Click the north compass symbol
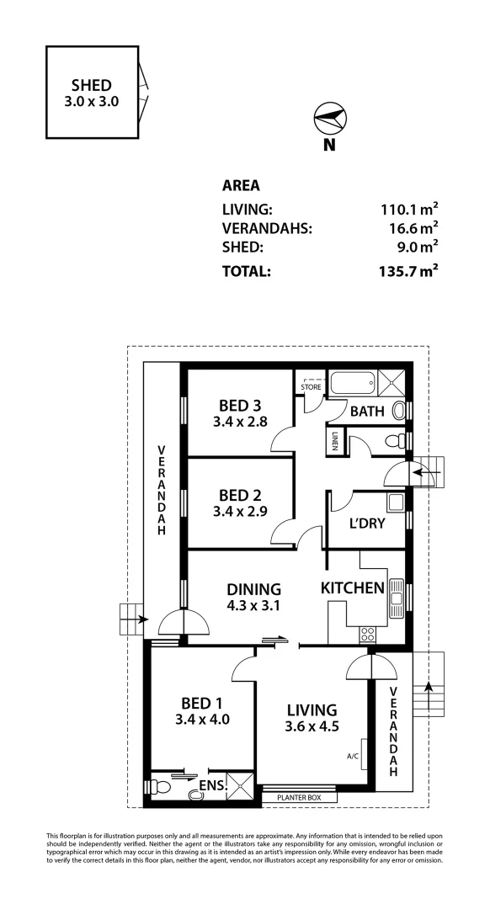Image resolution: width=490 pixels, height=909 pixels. click(329, 120)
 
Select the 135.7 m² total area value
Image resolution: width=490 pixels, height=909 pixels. click(408, 272)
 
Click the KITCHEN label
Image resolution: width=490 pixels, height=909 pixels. click(353, 588)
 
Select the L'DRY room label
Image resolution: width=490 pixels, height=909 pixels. click(366, 523)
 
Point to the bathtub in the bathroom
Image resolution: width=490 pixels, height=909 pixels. click(353, 385)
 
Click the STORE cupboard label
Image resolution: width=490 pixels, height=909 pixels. click(312, 387)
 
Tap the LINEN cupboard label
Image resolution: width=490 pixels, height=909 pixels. click(334, 442)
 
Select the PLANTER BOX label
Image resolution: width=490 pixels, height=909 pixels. click(299, 797)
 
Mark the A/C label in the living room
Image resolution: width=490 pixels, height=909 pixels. click(353, 755)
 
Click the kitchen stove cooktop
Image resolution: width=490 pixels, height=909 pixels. click(367, 634)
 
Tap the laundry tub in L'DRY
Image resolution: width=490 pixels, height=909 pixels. click(395, 503)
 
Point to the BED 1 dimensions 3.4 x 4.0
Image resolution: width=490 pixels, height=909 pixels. click(202, 720)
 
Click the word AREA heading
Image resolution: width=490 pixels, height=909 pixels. click(241, 186)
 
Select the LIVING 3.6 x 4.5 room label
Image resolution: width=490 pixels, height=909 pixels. click(311, 718)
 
